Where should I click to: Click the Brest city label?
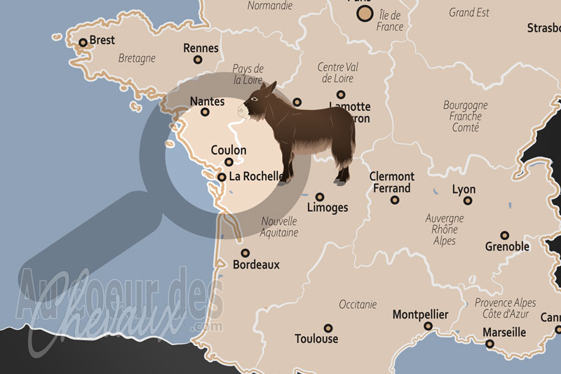tap(102, 41)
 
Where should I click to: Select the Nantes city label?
tap(208, 101)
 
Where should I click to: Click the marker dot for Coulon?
tap(229, 162)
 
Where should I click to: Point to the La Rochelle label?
tap(256, 176)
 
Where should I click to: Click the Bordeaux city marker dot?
tap(245, 253)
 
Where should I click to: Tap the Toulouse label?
tap(316, 339)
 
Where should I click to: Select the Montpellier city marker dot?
tap(428, 326)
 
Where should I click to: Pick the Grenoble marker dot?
tap(504, 236)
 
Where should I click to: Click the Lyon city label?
tap(464, 189)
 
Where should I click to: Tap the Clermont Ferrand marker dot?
tap(395, 200)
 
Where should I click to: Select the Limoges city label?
tap(327, 208)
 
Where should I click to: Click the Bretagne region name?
tap(137, 58)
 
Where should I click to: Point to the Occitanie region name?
tap(358, 305)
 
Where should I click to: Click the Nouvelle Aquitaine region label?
tap(279, 227)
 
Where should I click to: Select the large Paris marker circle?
tap(363, 13)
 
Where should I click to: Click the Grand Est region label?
tap(470, 12)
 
